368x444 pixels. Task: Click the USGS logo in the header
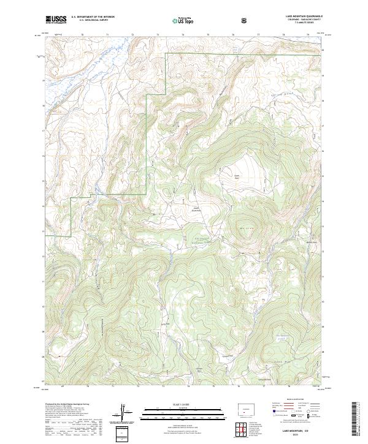click(56, 20)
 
